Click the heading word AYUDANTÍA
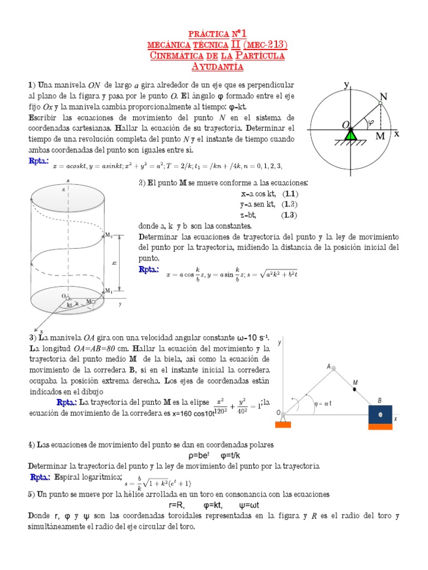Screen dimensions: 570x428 [x=214, y=67]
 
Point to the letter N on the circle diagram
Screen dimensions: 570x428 [x=384, y=97]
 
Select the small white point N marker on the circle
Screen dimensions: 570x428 [x=380, y=103]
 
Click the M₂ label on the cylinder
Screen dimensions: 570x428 [x=109, y=236]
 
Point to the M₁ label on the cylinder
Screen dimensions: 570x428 [x=109, y=291]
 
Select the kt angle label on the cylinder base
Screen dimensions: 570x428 [x=70, y=304]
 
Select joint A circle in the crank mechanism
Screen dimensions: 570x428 [x=333, y=367]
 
